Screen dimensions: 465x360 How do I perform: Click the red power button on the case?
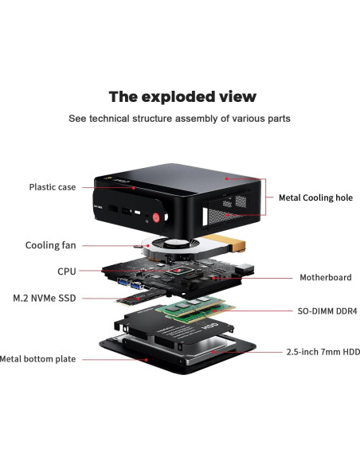click(158, 217)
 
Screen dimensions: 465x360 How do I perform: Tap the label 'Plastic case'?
click(53, 187)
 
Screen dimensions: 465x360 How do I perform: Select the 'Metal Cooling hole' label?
click(315, 197)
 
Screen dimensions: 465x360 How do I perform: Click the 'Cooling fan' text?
click(51, 245)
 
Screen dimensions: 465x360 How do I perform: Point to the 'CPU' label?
click(67, 272)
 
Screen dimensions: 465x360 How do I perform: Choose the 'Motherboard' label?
click(325, 278)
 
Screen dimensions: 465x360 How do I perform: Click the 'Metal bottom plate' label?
click(38, 359)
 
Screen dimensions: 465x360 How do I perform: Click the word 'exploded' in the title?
click(182, 97)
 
